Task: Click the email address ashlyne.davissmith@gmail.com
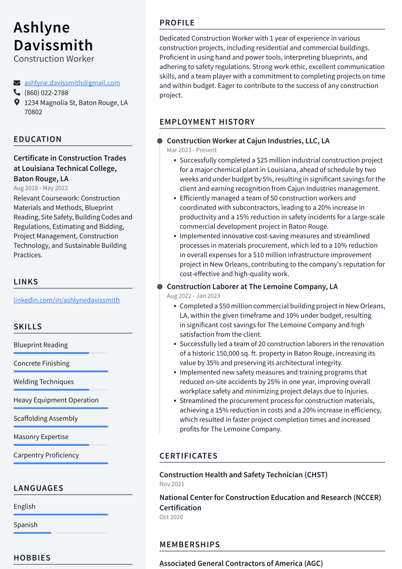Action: pos(72,83)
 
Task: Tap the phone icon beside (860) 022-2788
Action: pos(17,92)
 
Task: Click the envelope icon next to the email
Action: pos(17,83)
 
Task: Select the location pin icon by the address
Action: pos(17,102)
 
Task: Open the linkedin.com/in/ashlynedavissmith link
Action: pos(67,300)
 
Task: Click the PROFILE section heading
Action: pos(177,23)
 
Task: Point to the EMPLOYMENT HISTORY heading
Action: pos(207,122)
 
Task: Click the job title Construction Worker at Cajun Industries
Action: pos(248,141)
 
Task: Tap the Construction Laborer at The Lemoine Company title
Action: pos(252,287)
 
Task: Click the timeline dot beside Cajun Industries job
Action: pos(160,141)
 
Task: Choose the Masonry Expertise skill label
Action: pos(41,437)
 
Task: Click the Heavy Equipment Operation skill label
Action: pos(56,400)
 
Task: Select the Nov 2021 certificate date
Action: pos(172,484)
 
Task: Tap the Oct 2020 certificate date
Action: pos(171,517)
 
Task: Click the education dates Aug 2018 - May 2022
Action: pos(41,188)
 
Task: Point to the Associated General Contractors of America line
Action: pos(241,564)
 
